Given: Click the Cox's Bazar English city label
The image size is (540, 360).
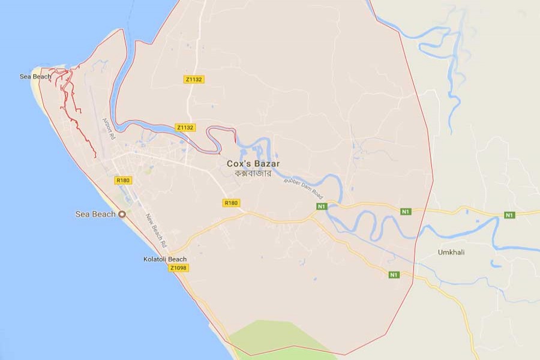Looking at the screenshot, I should [x=253, y=163].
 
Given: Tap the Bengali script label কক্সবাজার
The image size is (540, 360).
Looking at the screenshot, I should [x=253, y=173].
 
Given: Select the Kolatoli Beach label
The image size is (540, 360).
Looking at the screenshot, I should [x=165, y=259].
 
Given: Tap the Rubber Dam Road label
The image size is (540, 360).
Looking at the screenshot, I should [x=304, y=188].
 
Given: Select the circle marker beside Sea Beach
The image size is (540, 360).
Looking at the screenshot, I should [x=122, y=214].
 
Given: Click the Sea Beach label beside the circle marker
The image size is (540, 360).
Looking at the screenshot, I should [x=95, y=214].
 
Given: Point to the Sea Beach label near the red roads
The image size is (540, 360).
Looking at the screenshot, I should [x=35, y=77].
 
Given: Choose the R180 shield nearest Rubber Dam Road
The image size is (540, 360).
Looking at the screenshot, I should [x=231, y=203].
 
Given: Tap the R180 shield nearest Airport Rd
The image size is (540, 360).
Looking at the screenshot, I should [x=122, y=180].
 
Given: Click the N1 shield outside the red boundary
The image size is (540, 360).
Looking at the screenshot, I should [x=509, y=215].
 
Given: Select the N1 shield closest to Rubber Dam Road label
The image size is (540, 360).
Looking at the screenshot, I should [x=322, y=206].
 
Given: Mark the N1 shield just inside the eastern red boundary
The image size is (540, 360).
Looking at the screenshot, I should [x=406, y=211].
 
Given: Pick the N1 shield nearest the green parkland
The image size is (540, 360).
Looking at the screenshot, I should [x=393, y=275].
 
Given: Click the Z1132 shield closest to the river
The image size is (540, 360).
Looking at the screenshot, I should [x=185, y=128].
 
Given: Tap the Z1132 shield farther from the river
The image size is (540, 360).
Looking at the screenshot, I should [x=192, y=79].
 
